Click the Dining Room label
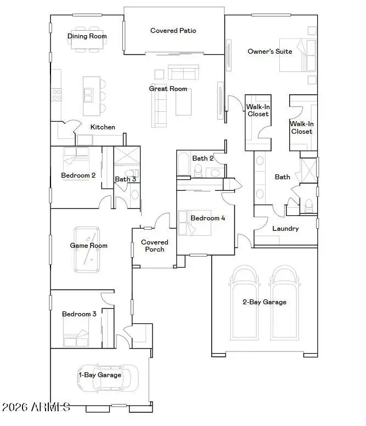87,37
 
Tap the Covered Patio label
173,31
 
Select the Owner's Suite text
269,52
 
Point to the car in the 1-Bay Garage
108,378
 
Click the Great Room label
168,89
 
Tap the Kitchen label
103,127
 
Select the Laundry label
285,229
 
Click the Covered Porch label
155,246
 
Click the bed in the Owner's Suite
297,55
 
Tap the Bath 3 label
125,179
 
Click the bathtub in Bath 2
183,164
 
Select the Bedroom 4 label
207,218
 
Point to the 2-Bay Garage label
264,302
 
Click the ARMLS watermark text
36,407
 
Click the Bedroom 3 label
79,314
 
